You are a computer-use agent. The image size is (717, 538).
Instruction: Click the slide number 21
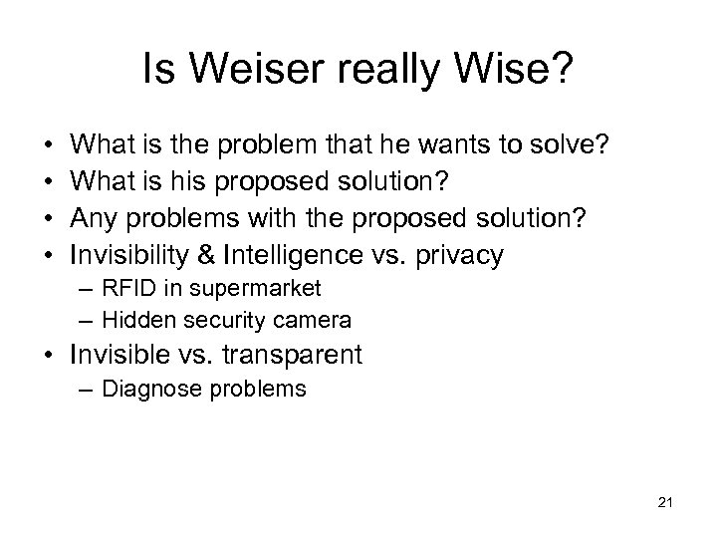(664, 506)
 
